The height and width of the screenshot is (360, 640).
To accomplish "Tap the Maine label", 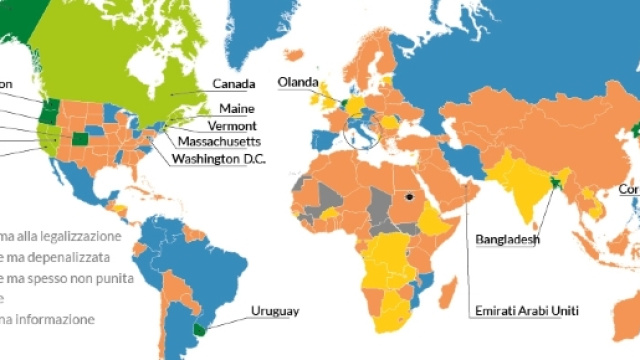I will coord(233,108).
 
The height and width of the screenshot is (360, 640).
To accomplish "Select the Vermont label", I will coord(232,125).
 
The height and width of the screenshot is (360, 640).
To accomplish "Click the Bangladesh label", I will coord(508,240).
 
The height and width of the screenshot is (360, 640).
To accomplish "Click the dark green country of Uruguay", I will coord(200,328).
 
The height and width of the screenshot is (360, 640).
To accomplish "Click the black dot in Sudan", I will coord(409,197).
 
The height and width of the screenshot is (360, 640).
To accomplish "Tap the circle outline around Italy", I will coord(361,134).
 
